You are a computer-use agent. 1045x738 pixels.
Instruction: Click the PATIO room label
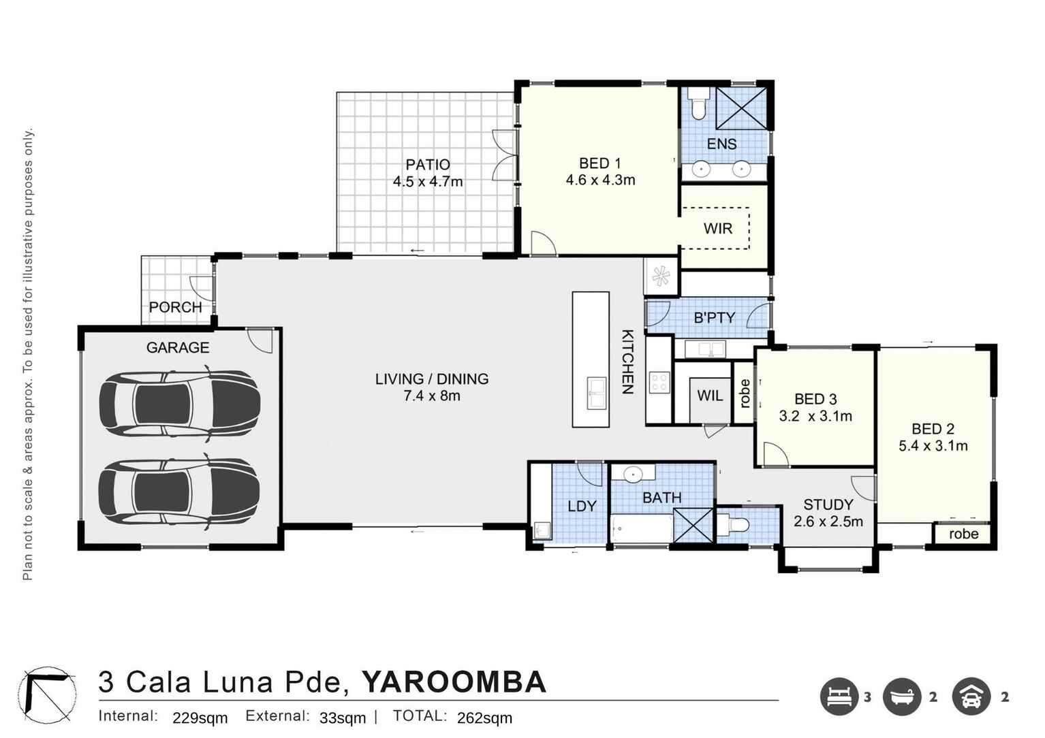click(x=428, y=165)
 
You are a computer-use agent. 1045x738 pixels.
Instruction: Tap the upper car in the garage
click(x=180, y=403)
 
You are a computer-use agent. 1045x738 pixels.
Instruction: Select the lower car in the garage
click(x=180, y=491)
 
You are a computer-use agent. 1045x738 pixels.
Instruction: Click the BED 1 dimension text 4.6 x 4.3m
click(x=600, y=180)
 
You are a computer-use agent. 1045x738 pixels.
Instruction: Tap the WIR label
click(x=718, y=229)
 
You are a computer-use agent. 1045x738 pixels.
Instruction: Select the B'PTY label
click(x=714, y=318)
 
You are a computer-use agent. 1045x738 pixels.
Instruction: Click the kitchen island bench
click(x=591, y=359)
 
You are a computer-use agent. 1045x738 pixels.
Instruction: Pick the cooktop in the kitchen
click(x=659, y=383)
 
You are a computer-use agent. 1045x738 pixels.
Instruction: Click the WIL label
click(x=710, y=396)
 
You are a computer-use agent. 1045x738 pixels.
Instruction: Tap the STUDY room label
click(x=828, y=504)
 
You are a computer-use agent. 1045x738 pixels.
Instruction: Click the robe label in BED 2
click(x=963, y=534)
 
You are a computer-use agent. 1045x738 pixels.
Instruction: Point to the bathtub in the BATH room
click(x=641, y=528)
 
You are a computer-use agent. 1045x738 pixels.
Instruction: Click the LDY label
click(x=582, y=506)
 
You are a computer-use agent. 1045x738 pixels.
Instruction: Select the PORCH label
click(x=176, y=307)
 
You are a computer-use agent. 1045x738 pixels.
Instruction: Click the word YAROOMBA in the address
click(x=454, y=682)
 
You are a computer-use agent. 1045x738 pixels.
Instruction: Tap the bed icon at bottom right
click(x=839, y=696)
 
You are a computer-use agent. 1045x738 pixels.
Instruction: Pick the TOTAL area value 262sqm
click(x=484, y=718)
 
